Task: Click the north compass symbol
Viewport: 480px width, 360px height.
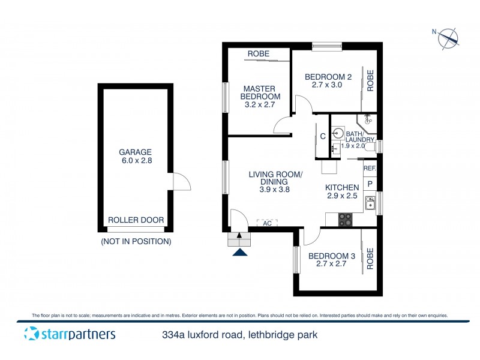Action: click(x=447, y=38)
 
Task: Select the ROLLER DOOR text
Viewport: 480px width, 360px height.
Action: click(x=136, y=220)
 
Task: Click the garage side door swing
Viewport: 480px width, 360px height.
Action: click(x=181, y=180)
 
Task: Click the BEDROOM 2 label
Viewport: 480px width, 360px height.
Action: click(x=327, y=80)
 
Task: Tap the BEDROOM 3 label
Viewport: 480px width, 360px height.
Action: click(x=332, y=260)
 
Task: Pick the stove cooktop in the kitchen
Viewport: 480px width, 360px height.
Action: click(x=346, y=219)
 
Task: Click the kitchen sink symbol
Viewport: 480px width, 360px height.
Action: click(x=371, y=203)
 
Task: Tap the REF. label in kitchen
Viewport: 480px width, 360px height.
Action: click(x=369, y=169)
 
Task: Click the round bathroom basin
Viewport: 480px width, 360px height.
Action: click(x=338, y=133)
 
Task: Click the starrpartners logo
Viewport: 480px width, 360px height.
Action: click(x=70, y=334)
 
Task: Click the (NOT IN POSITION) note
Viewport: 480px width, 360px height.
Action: click(x=136, y=242)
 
